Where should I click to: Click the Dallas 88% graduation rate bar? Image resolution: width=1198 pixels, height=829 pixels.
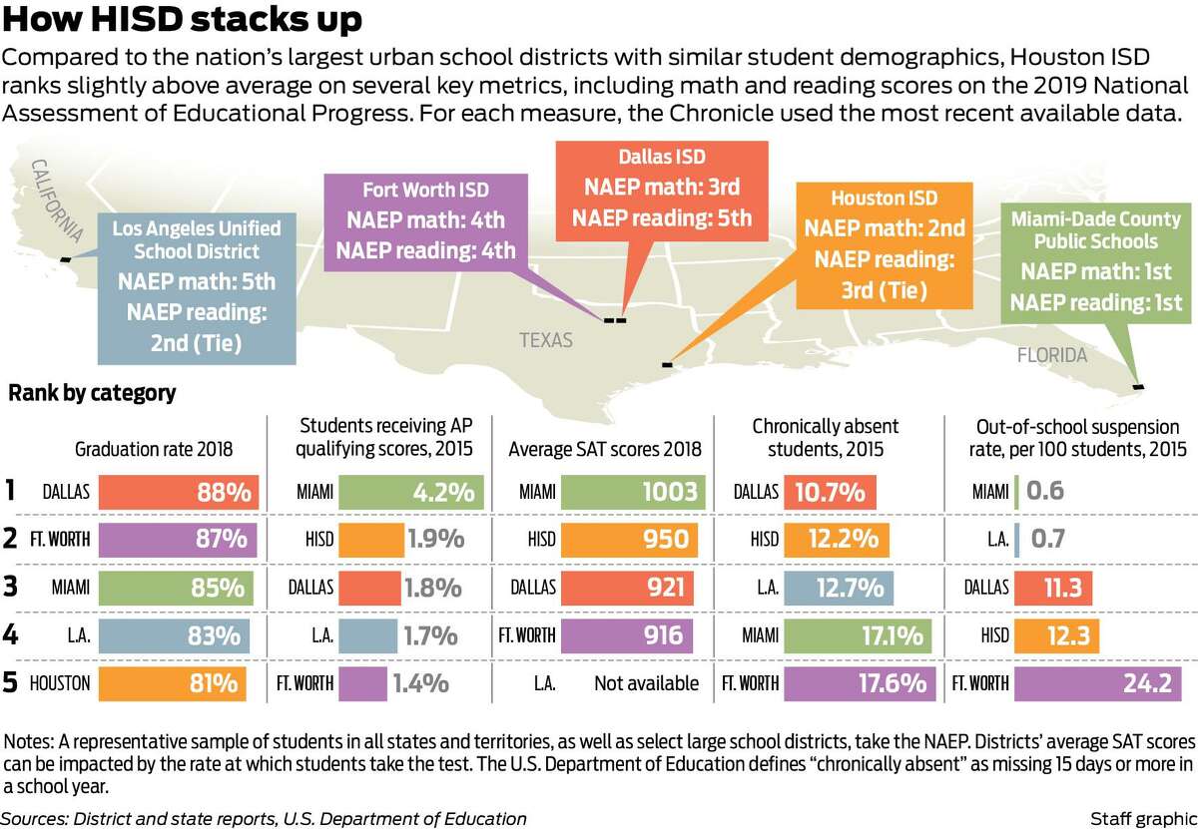179,492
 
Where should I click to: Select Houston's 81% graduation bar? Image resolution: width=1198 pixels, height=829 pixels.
172,683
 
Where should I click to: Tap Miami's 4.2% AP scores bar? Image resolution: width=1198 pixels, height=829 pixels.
411,492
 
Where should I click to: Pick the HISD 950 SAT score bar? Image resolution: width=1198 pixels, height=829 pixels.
630,540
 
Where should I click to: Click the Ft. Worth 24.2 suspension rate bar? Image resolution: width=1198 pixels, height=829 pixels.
1097,683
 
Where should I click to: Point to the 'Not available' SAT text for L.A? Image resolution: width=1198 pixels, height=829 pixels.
646,683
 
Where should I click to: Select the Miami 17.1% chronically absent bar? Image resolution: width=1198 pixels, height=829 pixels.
858,635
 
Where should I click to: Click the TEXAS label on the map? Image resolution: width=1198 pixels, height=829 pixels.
546,340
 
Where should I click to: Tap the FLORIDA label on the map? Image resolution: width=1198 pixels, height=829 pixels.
1052,355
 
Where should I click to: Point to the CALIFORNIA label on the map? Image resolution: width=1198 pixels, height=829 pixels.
57,201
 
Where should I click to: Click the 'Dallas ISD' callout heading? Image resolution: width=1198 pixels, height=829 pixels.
662,157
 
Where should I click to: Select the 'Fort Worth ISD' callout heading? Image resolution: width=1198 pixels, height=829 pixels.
425,190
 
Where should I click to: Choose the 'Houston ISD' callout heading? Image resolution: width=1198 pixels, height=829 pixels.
885,198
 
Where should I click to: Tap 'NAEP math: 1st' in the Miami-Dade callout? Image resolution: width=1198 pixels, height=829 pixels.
1096,271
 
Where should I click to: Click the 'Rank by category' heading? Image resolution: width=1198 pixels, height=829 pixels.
92,393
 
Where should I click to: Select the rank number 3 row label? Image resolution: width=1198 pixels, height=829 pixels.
10,587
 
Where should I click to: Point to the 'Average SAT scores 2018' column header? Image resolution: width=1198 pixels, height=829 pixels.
605,449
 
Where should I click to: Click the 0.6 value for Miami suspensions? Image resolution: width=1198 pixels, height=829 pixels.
1045,491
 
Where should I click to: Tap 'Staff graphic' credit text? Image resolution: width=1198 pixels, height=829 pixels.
1143,819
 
